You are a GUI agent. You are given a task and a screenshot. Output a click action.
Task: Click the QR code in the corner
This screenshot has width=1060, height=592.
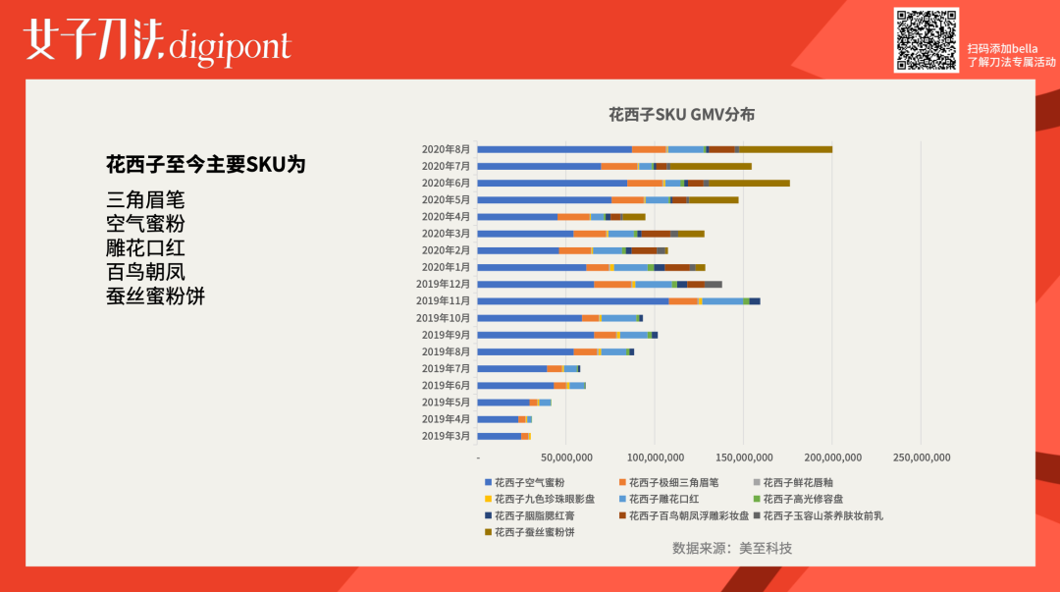coord(926,40)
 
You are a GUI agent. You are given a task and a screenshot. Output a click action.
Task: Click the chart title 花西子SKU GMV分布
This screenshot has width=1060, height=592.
coord(681,115)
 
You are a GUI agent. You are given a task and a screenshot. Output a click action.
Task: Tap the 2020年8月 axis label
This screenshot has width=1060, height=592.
coord(446,149)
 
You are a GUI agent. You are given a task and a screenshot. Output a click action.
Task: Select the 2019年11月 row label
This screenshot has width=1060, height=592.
coord(443,300)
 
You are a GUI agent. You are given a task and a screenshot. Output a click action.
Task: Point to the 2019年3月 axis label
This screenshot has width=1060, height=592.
coord(446,436)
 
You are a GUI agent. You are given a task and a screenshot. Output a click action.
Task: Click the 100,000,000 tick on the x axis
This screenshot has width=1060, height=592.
coord(655,457)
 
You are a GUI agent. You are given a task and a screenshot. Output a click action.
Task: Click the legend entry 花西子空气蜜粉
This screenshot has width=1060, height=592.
coord(529,482)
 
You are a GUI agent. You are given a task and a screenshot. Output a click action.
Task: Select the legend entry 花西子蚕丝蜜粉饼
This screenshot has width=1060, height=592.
coord(534,531)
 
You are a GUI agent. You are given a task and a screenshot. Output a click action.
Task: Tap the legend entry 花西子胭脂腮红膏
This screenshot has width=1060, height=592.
coord(534,515)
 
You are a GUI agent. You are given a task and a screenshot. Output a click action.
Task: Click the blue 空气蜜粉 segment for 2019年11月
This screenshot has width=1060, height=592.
coord(573,301)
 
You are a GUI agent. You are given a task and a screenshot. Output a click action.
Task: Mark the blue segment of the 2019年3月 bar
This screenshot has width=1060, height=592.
coord(499,436)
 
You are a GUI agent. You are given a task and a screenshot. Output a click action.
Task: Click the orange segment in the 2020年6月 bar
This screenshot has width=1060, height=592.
coord(645,183)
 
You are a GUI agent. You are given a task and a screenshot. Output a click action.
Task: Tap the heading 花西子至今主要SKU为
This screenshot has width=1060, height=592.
coord(205,164)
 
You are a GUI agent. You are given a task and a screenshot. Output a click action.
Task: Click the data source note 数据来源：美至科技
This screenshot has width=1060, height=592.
coord(731,548)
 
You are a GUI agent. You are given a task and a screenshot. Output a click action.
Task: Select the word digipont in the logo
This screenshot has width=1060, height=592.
coord(230,46)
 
